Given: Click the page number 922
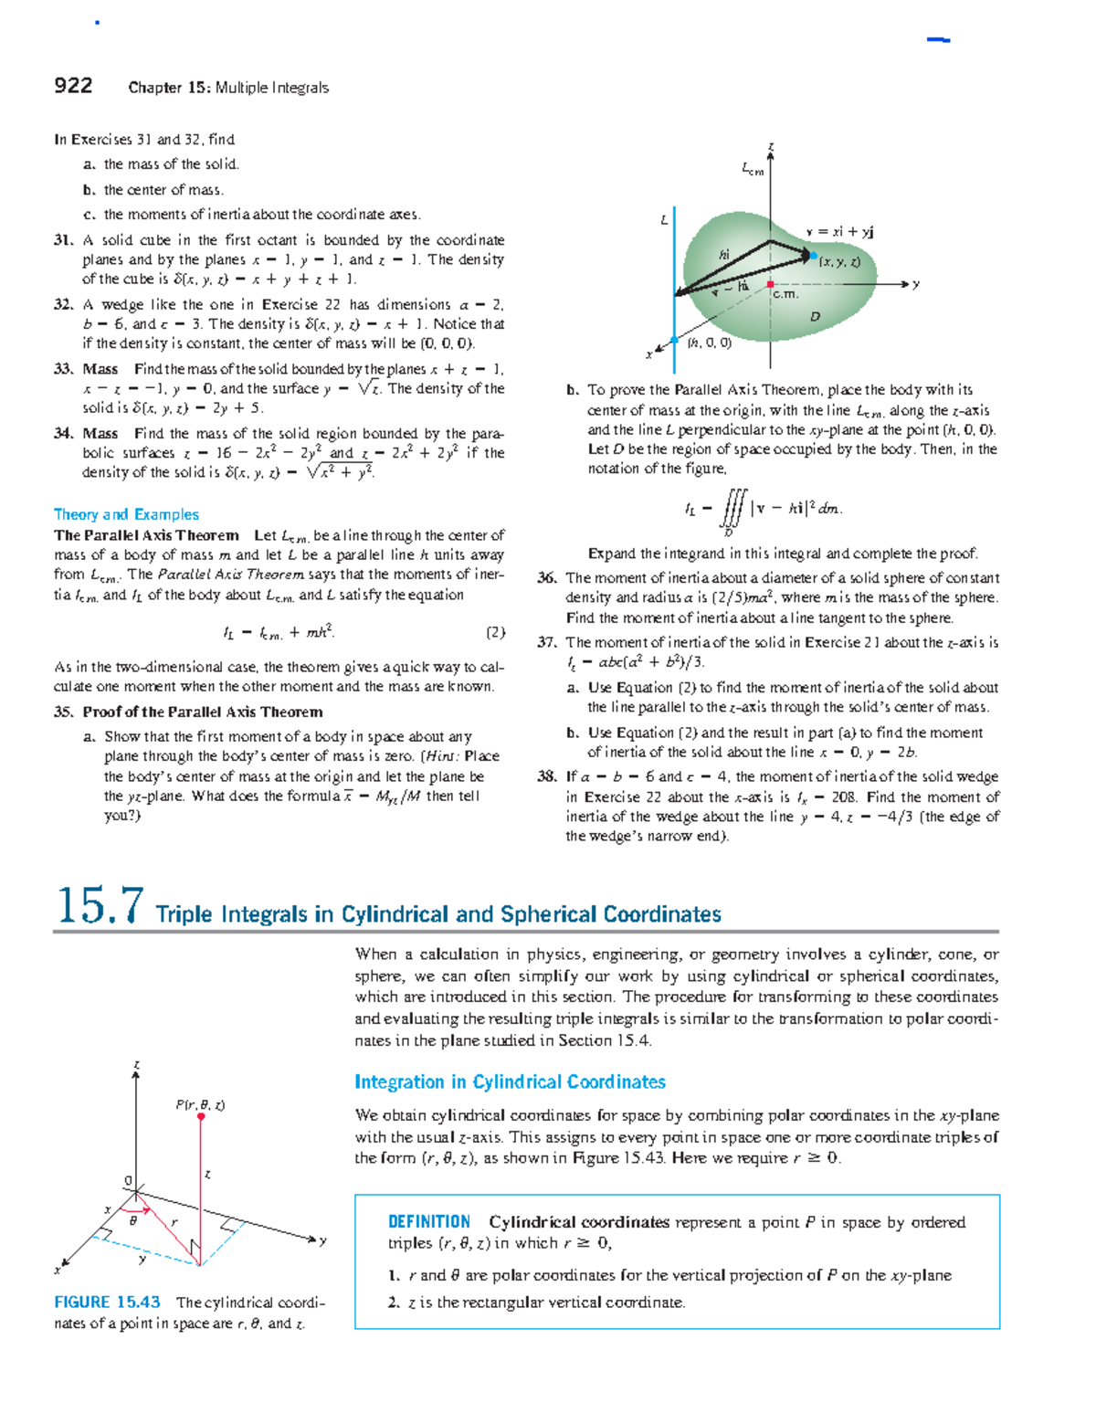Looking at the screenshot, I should point(73,86).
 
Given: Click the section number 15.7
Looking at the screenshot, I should point(100,906).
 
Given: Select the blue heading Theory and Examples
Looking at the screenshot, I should point(126,514).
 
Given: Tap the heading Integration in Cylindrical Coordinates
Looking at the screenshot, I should point(510,1082).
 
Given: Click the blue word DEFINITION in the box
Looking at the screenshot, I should point(429,1222).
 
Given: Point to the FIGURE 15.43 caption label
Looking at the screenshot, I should point(107,1303).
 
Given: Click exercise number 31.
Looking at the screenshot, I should point(62,240).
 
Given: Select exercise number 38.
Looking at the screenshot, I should point(546,776).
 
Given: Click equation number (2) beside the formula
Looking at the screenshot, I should point(495,632).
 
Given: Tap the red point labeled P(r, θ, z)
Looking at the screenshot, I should point(201,1116).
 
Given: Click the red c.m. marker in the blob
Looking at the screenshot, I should point(771,284).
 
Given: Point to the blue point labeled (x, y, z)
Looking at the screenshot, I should point(813,257).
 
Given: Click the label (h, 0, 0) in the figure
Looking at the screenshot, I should point(710,343).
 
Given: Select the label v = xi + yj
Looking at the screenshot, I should point(839,232).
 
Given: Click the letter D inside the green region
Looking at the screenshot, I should point(815,317).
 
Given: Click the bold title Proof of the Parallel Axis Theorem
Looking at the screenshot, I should point(202,712).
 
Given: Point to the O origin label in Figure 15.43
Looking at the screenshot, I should point(129,1181).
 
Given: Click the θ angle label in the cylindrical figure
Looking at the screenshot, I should point(133,1220).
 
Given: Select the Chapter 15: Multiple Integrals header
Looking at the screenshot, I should point(228,88).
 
